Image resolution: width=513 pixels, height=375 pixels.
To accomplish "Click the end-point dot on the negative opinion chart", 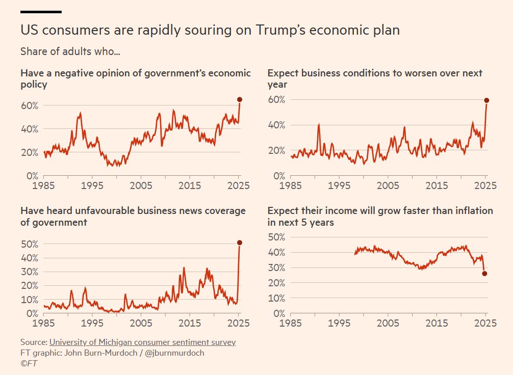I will click(x=240, y=99).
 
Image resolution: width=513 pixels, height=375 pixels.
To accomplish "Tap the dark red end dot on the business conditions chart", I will click(x=486, y=100).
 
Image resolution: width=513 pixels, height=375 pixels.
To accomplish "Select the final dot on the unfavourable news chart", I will click(x=240, y=243).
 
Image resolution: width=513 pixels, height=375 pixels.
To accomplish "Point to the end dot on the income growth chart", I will click(x=484, y=274).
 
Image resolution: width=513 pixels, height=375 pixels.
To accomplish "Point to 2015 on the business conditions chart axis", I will click(x=437, y=185).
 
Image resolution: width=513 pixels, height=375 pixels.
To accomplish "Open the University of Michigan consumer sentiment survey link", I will click(x=142, y=342).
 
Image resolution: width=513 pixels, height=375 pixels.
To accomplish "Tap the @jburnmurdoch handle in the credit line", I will click(x=175, y=353).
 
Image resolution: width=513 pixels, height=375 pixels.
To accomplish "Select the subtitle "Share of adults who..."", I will click(x=70, y=51).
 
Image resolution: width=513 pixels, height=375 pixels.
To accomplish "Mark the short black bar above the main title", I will click(x=41, y=11).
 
